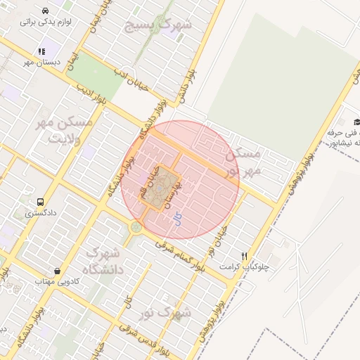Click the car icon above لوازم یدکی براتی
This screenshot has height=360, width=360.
coord(45,11)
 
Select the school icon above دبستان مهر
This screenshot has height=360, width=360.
coord(41,51)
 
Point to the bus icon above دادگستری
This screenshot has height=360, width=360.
coord(41,201)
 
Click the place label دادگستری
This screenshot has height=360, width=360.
coord(41,212)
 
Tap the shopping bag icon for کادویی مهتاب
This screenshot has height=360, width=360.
coord(57,271)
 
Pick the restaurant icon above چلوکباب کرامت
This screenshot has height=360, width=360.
coord(244,257)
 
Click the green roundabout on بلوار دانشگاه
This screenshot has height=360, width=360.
coord(136,227)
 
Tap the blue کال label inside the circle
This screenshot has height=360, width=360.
coord(177,219)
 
